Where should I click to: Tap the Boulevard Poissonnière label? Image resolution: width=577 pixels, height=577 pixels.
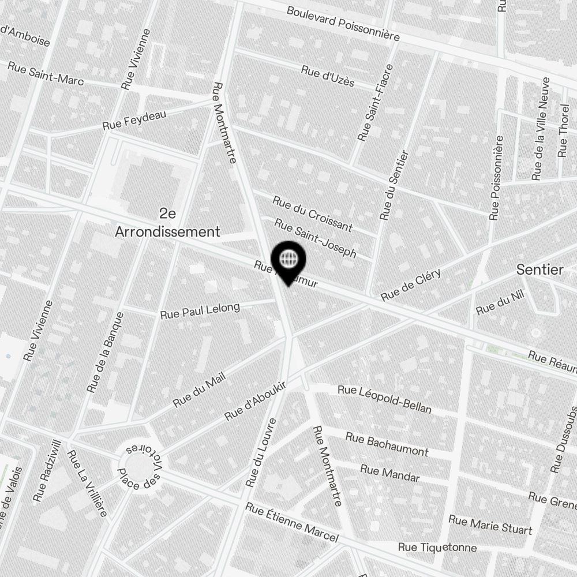(343, 23)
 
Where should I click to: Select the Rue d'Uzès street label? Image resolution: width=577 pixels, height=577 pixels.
(327, 76)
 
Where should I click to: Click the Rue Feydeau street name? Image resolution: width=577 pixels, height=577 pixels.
(134, 120)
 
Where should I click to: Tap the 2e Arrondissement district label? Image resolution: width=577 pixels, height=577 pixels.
(167, 223)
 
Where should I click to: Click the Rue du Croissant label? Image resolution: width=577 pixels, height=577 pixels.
(312, 213)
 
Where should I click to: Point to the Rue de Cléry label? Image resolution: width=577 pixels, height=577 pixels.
(411, 285)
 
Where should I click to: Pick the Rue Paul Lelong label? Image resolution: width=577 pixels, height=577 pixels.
(200, 311)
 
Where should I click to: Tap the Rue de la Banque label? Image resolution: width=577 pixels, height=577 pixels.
(104, 353)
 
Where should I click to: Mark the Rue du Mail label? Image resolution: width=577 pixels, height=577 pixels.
(198, 389)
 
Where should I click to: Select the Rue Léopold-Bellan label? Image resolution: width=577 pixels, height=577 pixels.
(385, 399)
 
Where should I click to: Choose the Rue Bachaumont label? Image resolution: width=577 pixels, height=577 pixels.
(387, 444)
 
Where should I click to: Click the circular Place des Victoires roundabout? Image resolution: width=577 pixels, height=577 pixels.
(138, 466)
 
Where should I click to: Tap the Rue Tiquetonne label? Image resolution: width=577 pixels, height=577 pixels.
(437, 548)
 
